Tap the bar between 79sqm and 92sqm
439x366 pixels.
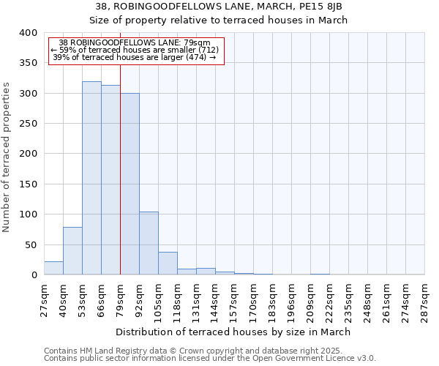(130, 184)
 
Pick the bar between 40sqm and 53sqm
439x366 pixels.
(72, 251)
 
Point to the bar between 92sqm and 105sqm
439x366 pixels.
(149, 243)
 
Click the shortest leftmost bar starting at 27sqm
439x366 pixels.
(53, 268)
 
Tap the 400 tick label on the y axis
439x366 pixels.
(29, 33)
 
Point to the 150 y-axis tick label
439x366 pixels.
(29, 184)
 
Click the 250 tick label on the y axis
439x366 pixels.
(29, 124)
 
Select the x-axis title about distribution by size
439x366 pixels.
(233, 332)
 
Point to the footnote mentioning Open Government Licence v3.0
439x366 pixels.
(210, 359)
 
